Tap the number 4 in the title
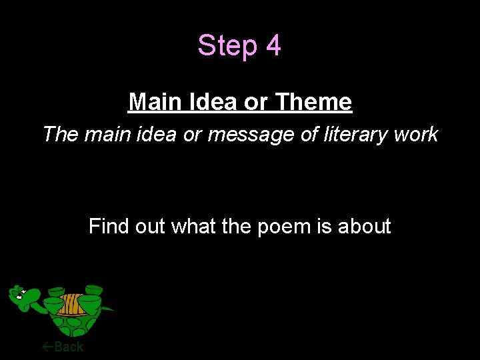click(x=273, y=46)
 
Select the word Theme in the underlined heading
click(x=313, y=102)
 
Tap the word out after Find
click(x=149, y=227)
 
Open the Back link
click(x=69, y=346)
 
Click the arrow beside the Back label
click(x=47, y=346)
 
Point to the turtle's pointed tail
click(x=109, y=309)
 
